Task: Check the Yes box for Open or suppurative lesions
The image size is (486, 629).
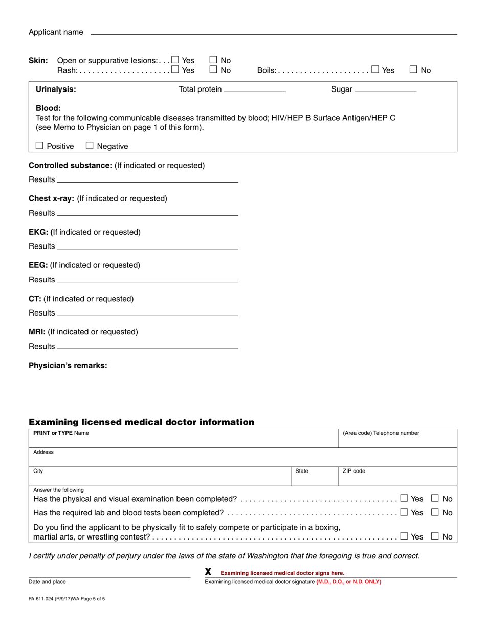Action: tap(175, 60)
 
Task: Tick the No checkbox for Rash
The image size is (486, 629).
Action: tap(214, 70)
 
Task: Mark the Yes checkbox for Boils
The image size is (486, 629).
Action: tap(375, 70)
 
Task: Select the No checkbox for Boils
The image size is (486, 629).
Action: tap(414, 70)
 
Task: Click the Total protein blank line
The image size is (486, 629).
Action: tap(255, 90)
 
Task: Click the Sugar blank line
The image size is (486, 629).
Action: tap(385, 90)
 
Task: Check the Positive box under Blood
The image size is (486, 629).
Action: tap(40, 146)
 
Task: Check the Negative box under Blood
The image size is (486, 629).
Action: tap(90, 146)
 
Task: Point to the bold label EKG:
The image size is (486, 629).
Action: tap(39, 232)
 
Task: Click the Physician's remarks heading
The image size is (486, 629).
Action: tap(68, 366)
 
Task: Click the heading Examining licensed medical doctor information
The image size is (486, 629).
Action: tap(141, 422)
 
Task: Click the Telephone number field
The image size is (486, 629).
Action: tap(397, 441)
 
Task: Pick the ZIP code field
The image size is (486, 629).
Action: tap(397, 478)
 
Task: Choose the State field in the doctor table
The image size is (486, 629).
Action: tap(314, 478)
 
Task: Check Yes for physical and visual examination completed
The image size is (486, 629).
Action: tap(404, 498)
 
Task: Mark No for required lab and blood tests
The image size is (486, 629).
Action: tap(435, 512)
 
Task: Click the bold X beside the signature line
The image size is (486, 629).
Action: tap(208, 572)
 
